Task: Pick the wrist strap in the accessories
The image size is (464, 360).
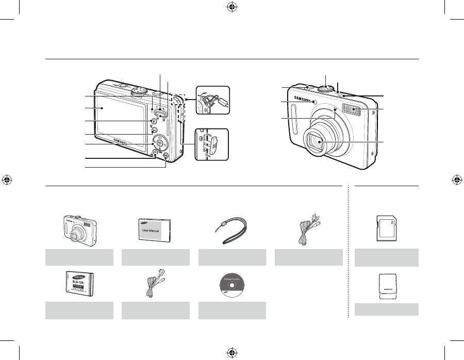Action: pos(232,231)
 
